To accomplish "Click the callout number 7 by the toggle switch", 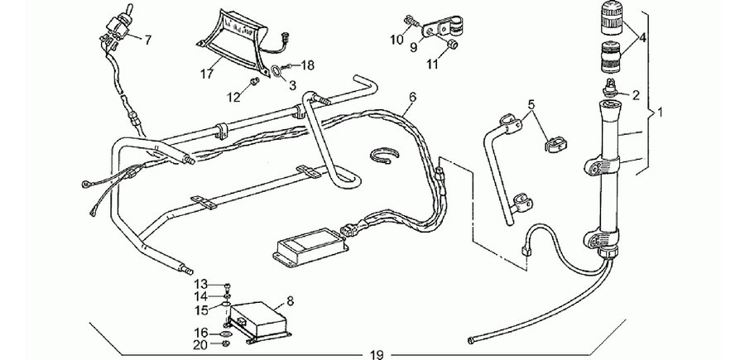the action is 148,41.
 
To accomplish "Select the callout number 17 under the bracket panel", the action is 207,74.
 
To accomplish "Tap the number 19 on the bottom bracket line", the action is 377,354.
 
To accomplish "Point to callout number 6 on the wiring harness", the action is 412,98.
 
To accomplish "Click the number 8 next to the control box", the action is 291,300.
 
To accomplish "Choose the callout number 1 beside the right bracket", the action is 660,113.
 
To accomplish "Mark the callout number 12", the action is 233,98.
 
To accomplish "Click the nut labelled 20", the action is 227,343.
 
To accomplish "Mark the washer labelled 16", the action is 227,334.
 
